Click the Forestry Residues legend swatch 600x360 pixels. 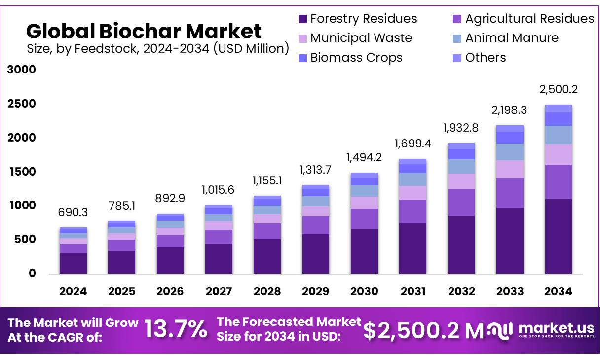click(302, 19)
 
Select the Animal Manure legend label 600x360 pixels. click(512, 38)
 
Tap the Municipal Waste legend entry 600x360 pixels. click(361, 38)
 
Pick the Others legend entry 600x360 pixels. click(486, 58)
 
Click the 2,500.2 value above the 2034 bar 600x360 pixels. click(559, 90)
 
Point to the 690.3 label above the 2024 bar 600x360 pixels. click(73, 212)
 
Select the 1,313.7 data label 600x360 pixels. click(316, 170)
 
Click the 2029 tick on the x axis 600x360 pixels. click(316, 291)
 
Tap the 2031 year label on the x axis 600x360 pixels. click(412, 291)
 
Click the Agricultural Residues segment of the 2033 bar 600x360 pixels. click(510, 193)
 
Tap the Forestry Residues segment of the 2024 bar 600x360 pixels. click(73, 263)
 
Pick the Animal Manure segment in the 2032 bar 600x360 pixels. click(461, 166)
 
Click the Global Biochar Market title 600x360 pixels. click(144, 31)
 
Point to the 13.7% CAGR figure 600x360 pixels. click(176, 329)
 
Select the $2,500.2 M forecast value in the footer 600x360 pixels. click(423, 330)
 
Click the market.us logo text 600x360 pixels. click(557, 328)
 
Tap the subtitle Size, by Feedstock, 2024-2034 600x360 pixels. click(157, 48)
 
